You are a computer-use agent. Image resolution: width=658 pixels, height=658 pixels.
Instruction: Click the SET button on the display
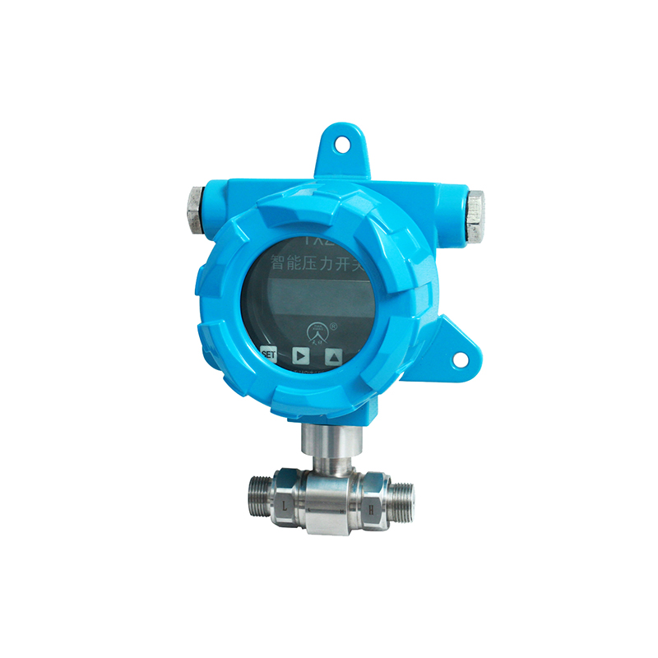(x=267, y=354)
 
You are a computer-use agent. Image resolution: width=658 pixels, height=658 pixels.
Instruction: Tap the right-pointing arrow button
(x=301, y=356)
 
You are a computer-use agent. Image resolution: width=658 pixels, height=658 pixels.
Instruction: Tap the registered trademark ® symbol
(x=333, y=327)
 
